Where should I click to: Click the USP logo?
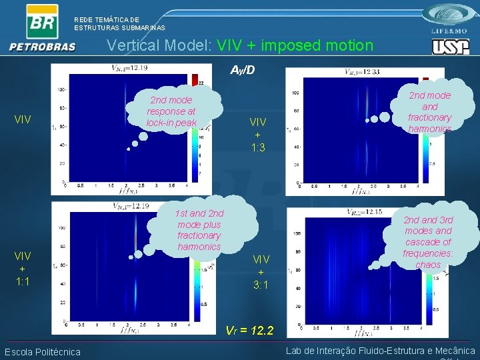[451, 47]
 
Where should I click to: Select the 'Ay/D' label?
[243, 70]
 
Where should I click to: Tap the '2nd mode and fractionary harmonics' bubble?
[430, 111]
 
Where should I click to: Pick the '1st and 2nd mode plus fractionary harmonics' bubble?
[199, 230]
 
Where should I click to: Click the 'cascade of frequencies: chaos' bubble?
[428, 242]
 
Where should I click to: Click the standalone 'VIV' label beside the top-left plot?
[24, 120]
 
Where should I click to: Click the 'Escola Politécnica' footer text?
[42, 352]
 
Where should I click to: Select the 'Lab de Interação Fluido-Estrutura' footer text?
[380, 351]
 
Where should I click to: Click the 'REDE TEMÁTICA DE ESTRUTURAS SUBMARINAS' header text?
[119, 24]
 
